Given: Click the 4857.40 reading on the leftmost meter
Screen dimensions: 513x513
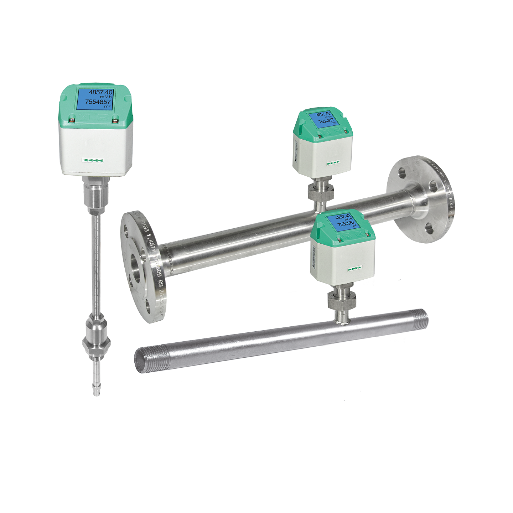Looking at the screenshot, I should click(x=100, y=93).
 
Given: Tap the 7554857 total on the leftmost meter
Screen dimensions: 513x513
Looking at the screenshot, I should click(x=98, y=102).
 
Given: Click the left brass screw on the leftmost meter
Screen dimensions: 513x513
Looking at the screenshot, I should click(x=72, y=120).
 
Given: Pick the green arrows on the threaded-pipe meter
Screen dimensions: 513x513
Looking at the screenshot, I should click(x=354, y=267).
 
